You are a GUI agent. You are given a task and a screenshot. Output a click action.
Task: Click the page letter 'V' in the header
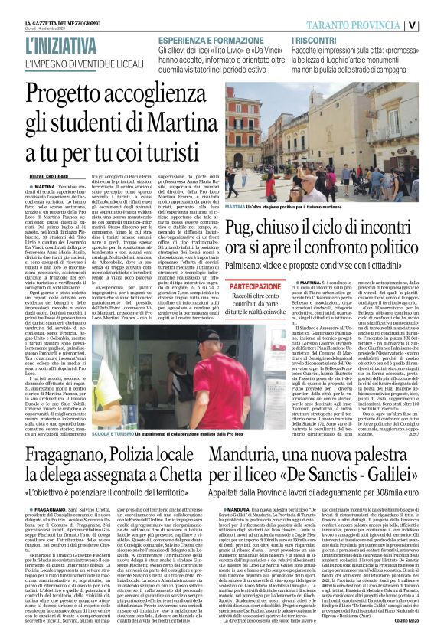433,23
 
